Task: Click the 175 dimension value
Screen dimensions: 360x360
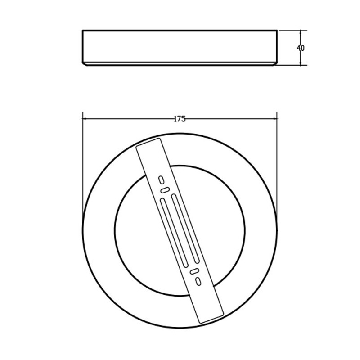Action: (x=180, y=119)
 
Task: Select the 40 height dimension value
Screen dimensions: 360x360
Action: (x=301, y=48)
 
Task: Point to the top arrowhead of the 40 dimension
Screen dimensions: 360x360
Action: (x=301, y=32)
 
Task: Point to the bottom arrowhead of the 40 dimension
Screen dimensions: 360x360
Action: (x=301, y=63)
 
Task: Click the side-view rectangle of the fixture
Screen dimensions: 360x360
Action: (x=180, y=47)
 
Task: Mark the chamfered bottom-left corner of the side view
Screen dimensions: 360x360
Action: (x=85, y=63)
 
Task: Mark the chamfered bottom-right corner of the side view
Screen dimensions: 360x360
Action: (x=275, y=63)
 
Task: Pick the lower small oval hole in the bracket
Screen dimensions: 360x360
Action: (x=198, y=281)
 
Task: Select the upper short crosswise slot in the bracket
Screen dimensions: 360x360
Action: (x=165, y=190)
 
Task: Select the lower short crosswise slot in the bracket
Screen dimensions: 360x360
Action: (x=194, y=271)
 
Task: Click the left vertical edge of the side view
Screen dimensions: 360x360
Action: (x=83, y=46)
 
